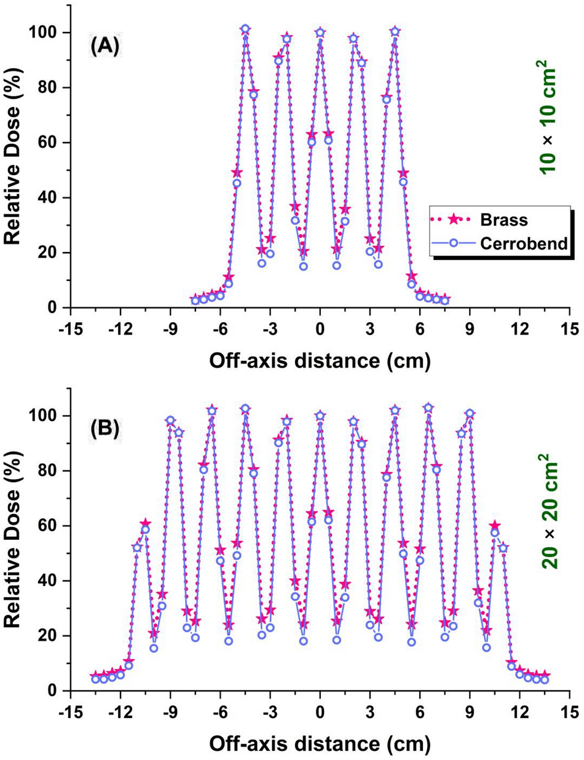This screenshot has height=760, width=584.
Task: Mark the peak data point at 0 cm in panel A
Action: pyautogui.click(x=320, y=33)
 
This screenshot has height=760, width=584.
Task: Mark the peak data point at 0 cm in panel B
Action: pyautogui.click(x=320, y=416)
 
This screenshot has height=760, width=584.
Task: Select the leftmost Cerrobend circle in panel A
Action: pyautogui.click(x=195, y=301)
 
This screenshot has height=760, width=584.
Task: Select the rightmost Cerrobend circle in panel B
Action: pyautogui.click(x=545, y=679)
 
